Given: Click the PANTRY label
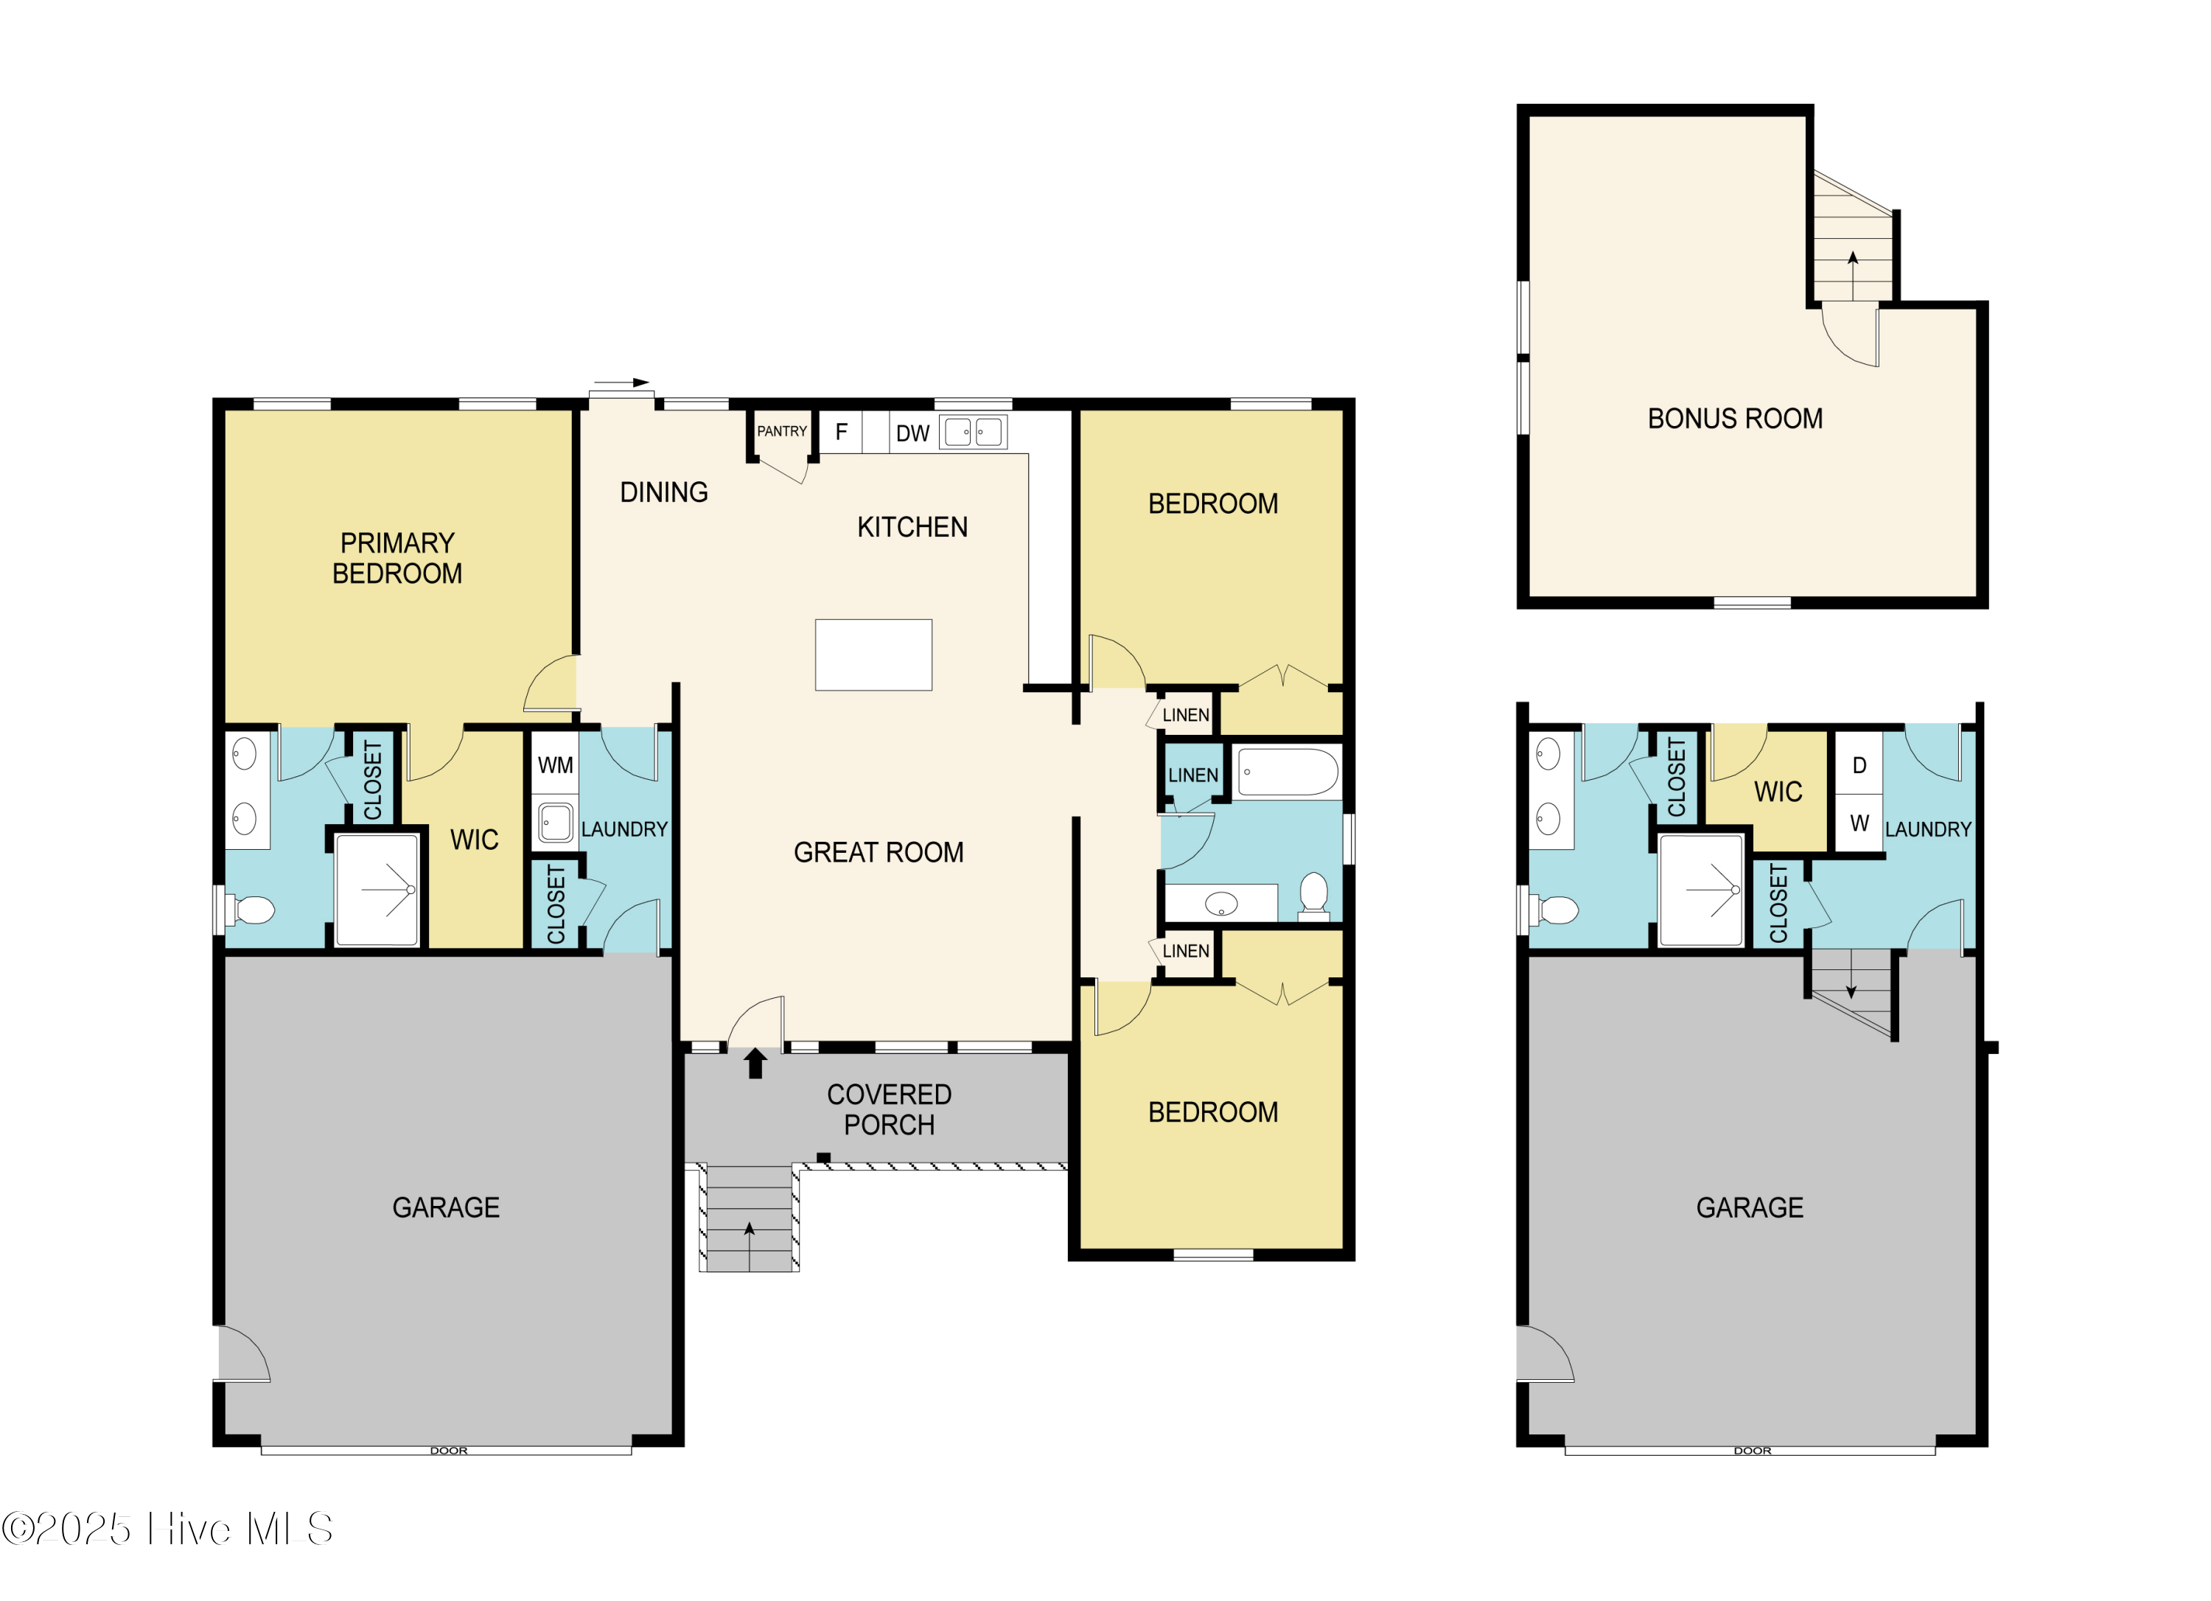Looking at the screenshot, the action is [782, 431].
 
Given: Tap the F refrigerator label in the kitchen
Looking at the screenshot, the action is [842, 432].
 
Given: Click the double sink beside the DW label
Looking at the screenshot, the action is [973, 432].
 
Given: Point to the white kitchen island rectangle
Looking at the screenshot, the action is [873, 655].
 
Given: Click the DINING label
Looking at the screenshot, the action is [664, 492].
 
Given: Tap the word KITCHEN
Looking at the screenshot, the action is [912, 528].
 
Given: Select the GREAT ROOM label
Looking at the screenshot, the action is [879, 853].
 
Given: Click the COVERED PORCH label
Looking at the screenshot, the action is [889, 1109].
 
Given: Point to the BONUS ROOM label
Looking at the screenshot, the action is [1735, 419].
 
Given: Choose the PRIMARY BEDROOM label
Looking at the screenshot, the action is [398, 558].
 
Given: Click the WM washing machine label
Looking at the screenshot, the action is [556, 765].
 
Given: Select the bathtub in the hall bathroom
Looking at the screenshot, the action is [1288, 772].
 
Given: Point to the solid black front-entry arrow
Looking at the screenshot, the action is [755, 1063].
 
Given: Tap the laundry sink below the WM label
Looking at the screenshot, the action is [556, 822].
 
